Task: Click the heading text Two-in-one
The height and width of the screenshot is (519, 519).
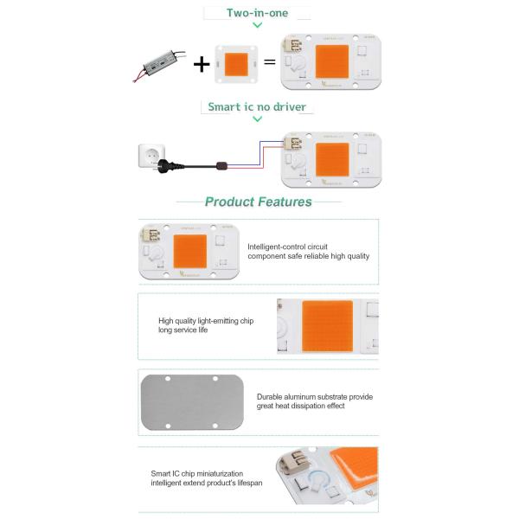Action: [257, 13]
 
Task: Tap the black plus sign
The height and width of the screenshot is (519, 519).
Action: [202, 63]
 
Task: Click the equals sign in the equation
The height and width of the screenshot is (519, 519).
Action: [269, 63]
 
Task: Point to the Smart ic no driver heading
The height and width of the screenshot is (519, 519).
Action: [257, 107]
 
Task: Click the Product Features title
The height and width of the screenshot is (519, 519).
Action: [258, 202]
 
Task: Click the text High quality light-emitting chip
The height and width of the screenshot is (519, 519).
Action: [206, 320]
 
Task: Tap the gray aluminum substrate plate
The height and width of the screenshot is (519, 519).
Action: [190, 402]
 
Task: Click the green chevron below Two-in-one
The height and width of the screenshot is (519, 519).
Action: [257, 26]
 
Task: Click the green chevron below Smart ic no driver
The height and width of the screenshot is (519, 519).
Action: [257, 119]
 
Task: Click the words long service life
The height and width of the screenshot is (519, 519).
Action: [183, 330]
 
